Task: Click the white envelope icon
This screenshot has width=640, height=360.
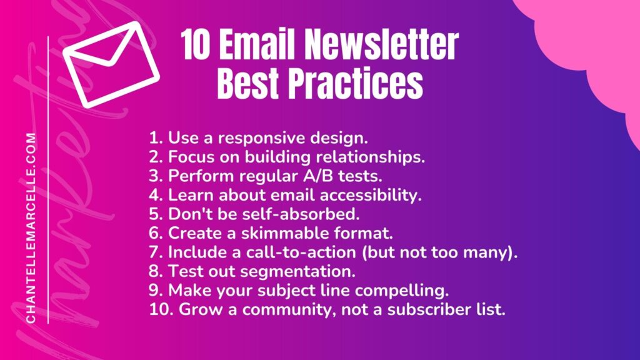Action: pyautogui.click(x=111, y=64)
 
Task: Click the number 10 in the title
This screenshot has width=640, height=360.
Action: pyautogui.click(x=196, y=45)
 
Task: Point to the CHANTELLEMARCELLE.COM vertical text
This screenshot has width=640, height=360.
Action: pyautogui.click(x=31, y=227)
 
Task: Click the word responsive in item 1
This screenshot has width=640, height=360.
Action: pyautogui.click(x=262, y=139)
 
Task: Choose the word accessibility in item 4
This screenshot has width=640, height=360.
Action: pyautogui.click(x=371, y=196)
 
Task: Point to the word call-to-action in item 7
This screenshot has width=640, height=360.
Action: pyautogui.click(x=301, y=252)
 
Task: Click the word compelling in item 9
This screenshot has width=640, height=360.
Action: pyautogui.click(x=402, y=291)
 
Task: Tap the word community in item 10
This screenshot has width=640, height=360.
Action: pyautogui.click(x=289, y=310)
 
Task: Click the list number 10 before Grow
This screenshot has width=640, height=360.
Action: pyautogui.click(x=161, y=309)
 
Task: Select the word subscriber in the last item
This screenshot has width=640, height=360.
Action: pyautogui.click(x=429, y=309)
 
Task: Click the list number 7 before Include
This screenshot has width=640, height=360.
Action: pyautogui.click(x=156, y=252)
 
